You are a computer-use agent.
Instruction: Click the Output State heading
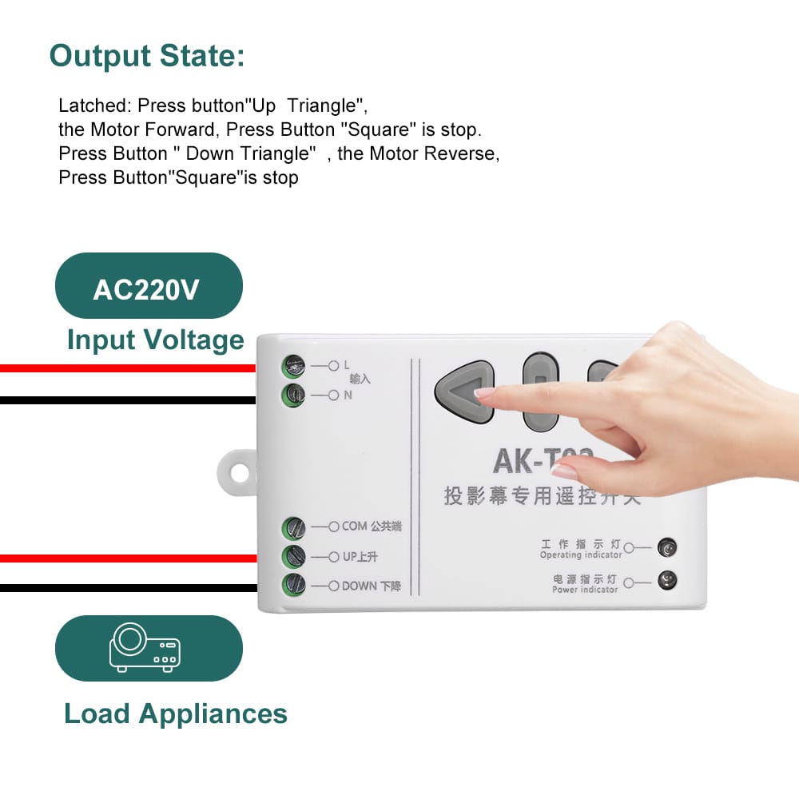tap(147, 57)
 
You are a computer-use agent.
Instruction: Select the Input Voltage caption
tap(156, 340)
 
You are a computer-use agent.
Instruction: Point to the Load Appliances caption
tap(175, 714)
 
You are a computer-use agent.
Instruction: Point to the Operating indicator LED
tap(666, 548)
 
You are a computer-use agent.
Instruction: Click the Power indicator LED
tap(666, 581)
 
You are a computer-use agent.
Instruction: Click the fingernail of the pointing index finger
tap(485, 392)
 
